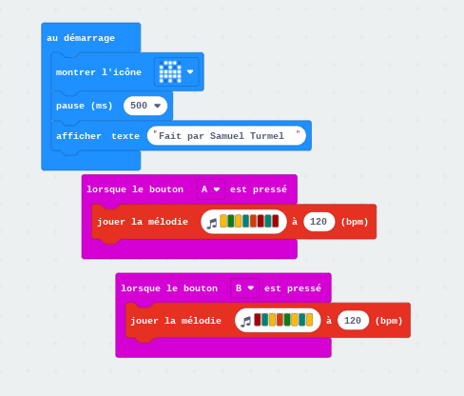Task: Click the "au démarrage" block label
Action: click(81, 38)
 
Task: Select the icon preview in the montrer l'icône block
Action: click(170, 71)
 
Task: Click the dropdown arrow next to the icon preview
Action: click(190, 71)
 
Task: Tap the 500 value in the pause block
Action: click(139, 106)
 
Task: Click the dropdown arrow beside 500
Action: click(157, 106)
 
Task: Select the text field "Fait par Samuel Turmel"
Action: click(226, 136)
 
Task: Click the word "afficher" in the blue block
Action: click(79, 136)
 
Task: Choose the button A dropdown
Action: click(211, 189)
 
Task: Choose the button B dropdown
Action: click(245, 288)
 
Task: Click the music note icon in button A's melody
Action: click(212, 223)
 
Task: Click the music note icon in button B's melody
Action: click(245, 322)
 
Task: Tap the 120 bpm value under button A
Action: click(319, 222)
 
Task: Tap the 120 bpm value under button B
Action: click(353, 321)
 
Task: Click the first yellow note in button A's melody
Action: click(223, 221)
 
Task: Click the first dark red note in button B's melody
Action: click(258, 320)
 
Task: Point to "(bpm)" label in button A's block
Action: click(355, 222)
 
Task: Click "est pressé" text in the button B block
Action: click(293, 288)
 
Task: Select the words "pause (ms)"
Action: click(85, 106)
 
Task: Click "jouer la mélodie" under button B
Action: click(176, 321)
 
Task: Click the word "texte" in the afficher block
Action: click(126, 136)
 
